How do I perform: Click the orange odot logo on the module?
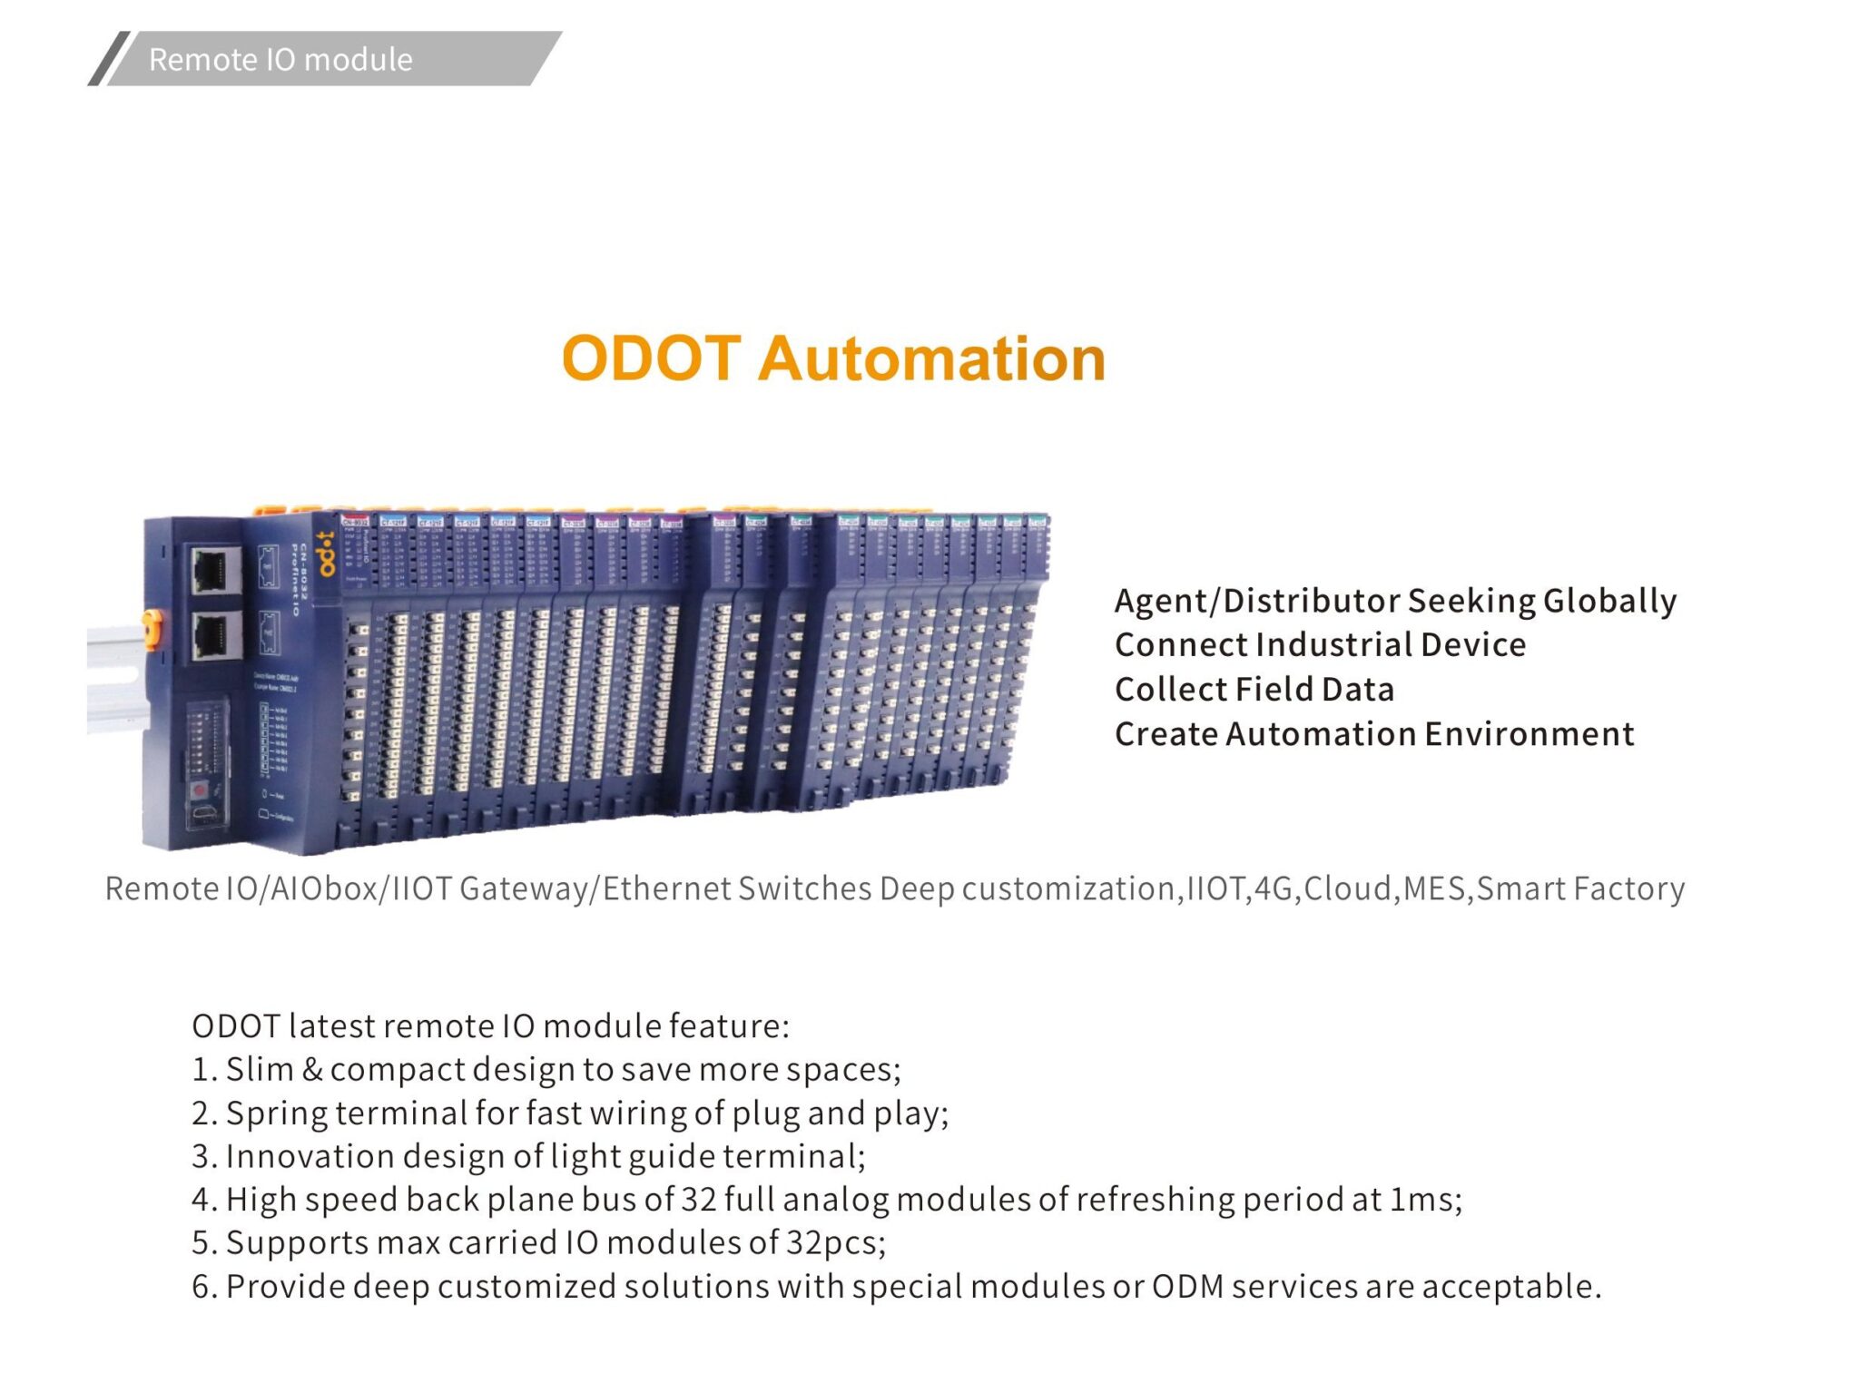[325, 553]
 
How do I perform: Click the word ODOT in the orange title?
[651, 358]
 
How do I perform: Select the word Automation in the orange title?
[931, 358]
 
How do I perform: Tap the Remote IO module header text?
[280, 60]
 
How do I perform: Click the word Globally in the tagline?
[1609, 601]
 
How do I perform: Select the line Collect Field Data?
[1254, 690]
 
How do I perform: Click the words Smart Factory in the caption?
[1580, 888]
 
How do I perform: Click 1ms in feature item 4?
[1426, 1200]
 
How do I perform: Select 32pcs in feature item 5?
[835, 1242]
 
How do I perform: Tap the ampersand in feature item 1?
[311, 1070]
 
